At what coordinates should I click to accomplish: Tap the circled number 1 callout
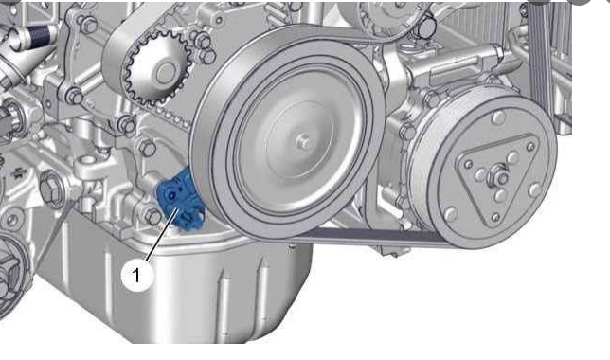[136, 276]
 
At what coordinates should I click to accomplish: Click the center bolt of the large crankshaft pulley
[305, 143]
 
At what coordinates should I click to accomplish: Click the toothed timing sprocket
[156, 70]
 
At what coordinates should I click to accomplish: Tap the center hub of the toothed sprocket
[167, 73]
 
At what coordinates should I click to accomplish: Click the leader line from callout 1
[162, 234]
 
